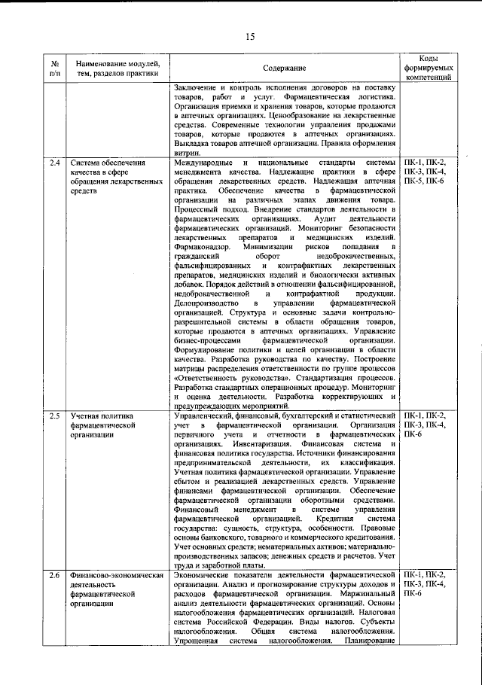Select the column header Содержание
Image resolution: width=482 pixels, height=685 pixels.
284,68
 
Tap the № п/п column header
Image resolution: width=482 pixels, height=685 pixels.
55,68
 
